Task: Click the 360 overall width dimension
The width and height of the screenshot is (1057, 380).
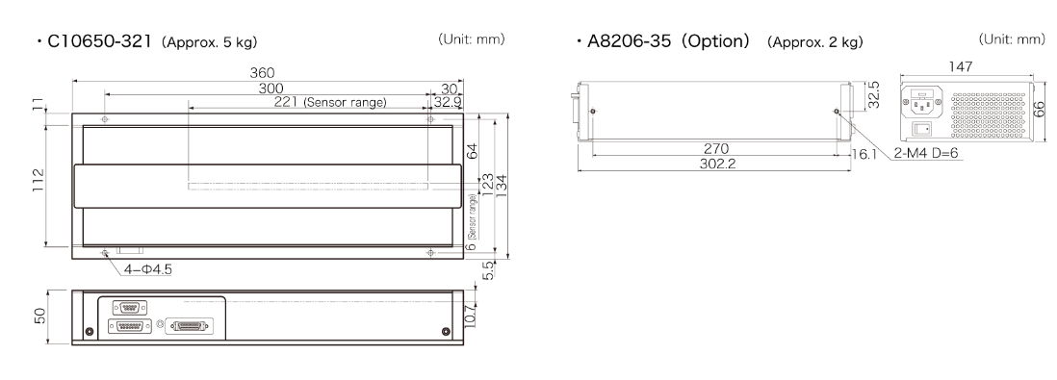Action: coord(262,73)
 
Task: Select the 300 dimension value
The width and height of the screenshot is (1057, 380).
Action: coord(271,89)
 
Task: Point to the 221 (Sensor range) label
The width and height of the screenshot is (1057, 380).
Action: coord(330,102)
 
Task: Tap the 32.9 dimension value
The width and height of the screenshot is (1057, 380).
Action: coord(449,102)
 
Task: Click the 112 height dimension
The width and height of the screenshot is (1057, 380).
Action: coord(38,180)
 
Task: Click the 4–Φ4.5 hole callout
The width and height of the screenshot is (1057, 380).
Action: coord(147,269)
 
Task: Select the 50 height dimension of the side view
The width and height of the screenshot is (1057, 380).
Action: coord(39,316)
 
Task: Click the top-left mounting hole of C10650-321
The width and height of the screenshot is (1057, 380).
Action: coord(105,119)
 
